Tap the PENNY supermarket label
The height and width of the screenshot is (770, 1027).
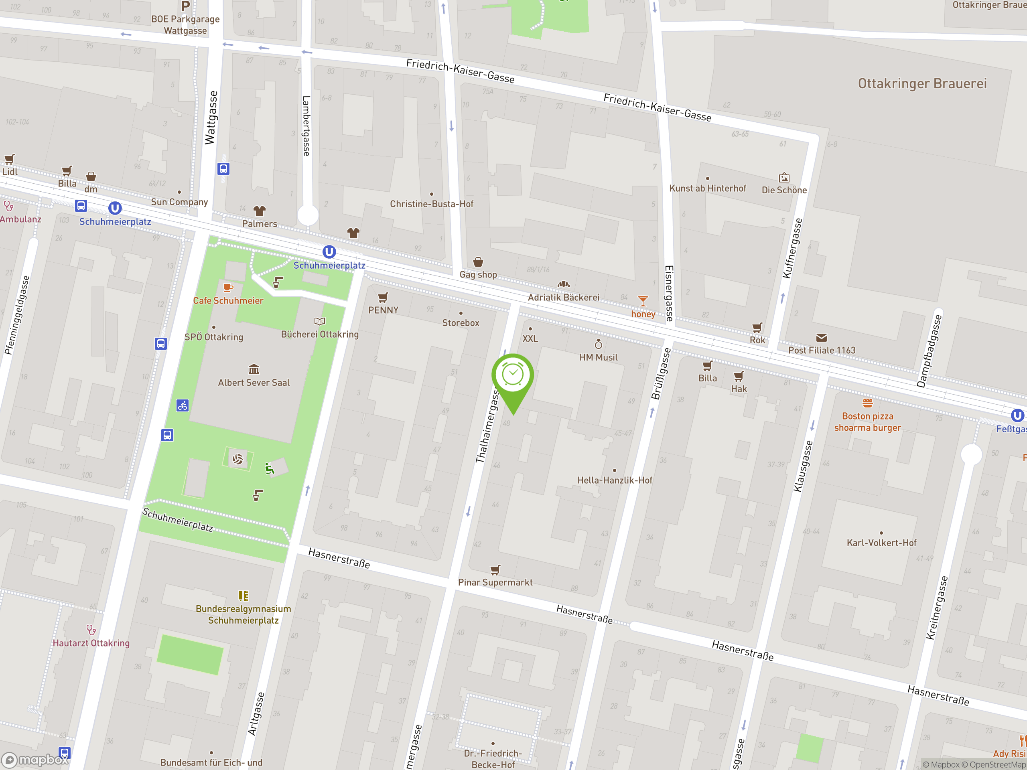pos(383,310)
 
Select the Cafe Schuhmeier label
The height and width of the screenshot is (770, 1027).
pos(228,300)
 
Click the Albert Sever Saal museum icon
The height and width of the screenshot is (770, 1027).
pos(254,369)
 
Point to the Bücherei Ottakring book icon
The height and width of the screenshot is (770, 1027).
pos(319,321)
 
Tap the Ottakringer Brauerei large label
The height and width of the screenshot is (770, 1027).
pos(922,83)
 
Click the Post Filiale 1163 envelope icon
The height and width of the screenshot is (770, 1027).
pos(821,337)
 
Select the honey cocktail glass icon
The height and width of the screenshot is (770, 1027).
pos(643,301)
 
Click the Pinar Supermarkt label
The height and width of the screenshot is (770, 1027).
pos(495,582)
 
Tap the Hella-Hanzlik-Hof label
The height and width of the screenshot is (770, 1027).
pos(615,480)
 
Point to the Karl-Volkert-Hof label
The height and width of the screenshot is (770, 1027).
pos(881,543)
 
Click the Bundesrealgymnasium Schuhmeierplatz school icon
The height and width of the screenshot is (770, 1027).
pos(243,596)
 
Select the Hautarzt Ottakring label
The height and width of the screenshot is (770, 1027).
pos(91,643)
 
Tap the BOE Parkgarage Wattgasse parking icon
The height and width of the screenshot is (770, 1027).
pos(185,6)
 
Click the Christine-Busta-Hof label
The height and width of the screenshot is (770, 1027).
pos(431,204)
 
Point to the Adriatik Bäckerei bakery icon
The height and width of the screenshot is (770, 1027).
pos(563,284)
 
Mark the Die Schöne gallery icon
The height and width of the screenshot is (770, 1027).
pos(784,177)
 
